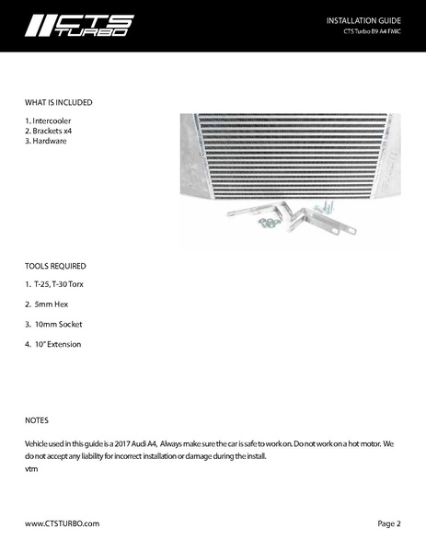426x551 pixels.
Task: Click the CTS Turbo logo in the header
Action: (x=79, y=25)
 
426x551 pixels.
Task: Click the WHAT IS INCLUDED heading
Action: (x=58, y=102)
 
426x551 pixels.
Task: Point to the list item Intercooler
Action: (x=48, y=121)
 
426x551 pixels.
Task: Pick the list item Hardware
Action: (x=47, y=142)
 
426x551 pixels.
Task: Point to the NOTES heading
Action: (x=37, y=420)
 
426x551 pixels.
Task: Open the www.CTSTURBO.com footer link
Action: (x=62, y=523)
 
